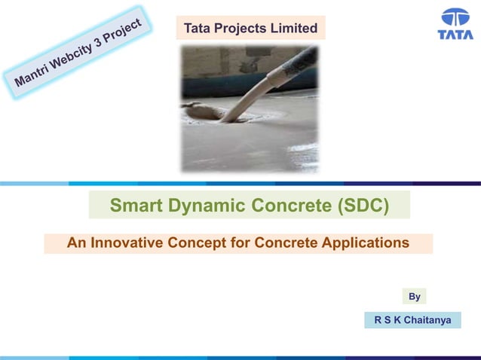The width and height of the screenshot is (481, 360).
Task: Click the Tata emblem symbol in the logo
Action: tap(455, 18)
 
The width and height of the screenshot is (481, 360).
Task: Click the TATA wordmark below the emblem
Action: tap(455, 35)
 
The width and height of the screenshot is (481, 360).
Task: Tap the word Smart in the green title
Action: tap(133, 206)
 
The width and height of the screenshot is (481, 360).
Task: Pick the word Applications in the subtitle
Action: tap(365, 243)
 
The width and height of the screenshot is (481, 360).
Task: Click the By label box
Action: tap(414, 296)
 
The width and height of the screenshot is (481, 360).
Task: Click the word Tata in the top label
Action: tap(197, 29)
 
